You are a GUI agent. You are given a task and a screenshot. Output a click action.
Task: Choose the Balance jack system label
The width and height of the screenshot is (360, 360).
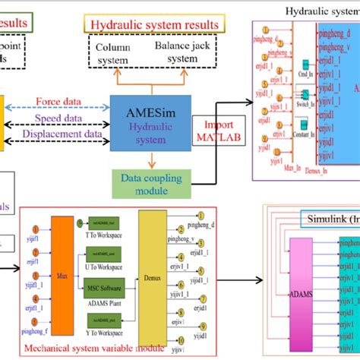coord(182,52)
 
